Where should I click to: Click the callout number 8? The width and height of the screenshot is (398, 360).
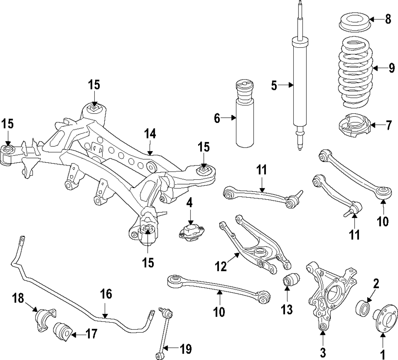388,19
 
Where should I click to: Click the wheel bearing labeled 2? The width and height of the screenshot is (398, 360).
363,307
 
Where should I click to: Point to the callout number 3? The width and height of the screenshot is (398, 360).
323,352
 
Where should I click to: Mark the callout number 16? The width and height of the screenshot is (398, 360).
106,295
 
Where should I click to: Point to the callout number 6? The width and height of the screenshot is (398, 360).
217,118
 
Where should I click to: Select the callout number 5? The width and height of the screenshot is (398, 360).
274,85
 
